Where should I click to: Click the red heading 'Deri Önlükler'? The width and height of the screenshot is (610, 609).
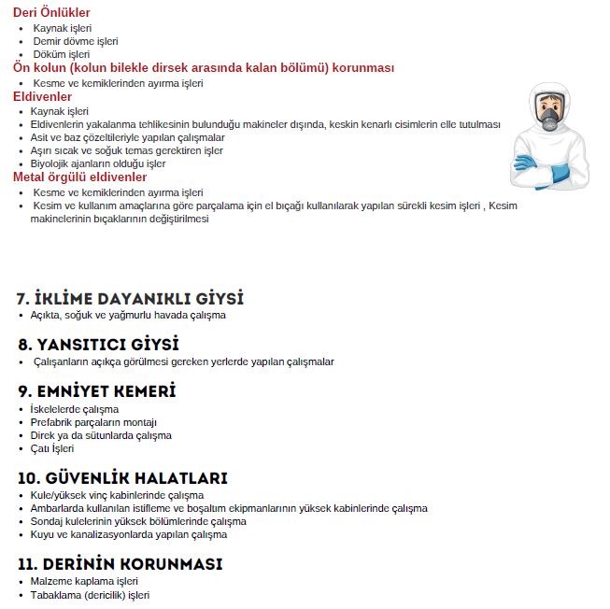pos(51,13)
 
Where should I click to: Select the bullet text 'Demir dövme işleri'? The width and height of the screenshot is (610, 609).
pos(76,41)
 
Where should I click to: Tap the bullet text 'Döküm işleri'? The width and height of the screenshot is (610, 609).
pos(62,54)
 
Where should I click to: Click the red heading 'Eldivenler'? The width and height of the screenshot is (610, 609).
pos(42,97)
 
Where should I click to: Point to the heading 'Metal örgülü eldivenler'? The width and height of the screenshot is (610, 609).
pos(79,177)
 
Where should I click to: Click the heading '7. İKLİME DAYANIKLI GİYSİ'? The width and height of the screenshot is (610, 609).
pos(130,299)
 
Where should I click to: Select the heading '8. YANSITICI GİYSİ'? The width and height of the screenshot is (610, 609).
pos(98,345)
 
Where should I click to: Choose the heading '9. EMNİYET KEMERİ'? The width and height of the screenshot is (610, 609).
pos(97,390)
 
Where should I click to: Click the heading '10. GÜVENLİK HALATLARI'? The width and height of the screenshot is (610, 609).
pos(122,478)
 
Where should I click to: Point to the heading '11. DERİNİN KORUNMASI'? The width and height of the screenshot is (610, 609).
pos(120,565)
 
